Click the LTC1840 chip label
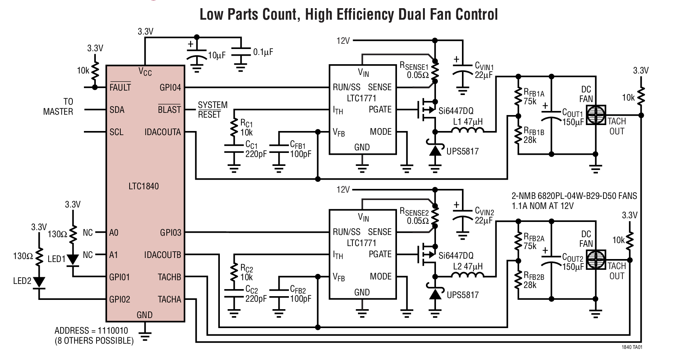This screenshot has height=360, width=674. (x=143, y=186)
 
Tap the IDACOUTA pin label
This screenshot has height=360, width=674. (x=162, y=132)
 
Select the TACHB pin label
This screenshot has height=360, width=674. (x=169, y=277)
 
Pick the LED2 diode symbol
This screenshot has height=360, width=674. (x=39, y=282)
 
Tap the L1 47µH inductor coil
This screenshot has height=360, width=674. (x=467, y=130)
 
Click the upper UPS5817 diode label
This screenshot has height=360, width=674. (x=462, y=151)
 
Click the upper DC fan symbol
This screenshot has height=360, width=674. (x=595, y=115)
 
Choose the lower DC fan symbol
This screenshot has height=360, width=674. (x=595, y=260)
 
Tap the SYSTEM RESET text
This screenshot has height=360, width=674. (x=212, y=110)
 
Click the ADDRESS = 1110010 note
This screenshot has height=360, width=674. (x=91, y=330)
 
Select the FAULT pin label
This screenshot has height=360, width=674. (x=120, y=88)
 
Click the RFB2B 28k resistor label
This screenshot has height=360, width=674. (x=534, y=281)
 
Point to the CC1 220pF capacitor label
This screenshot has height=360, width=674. (x=255, y=150)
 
